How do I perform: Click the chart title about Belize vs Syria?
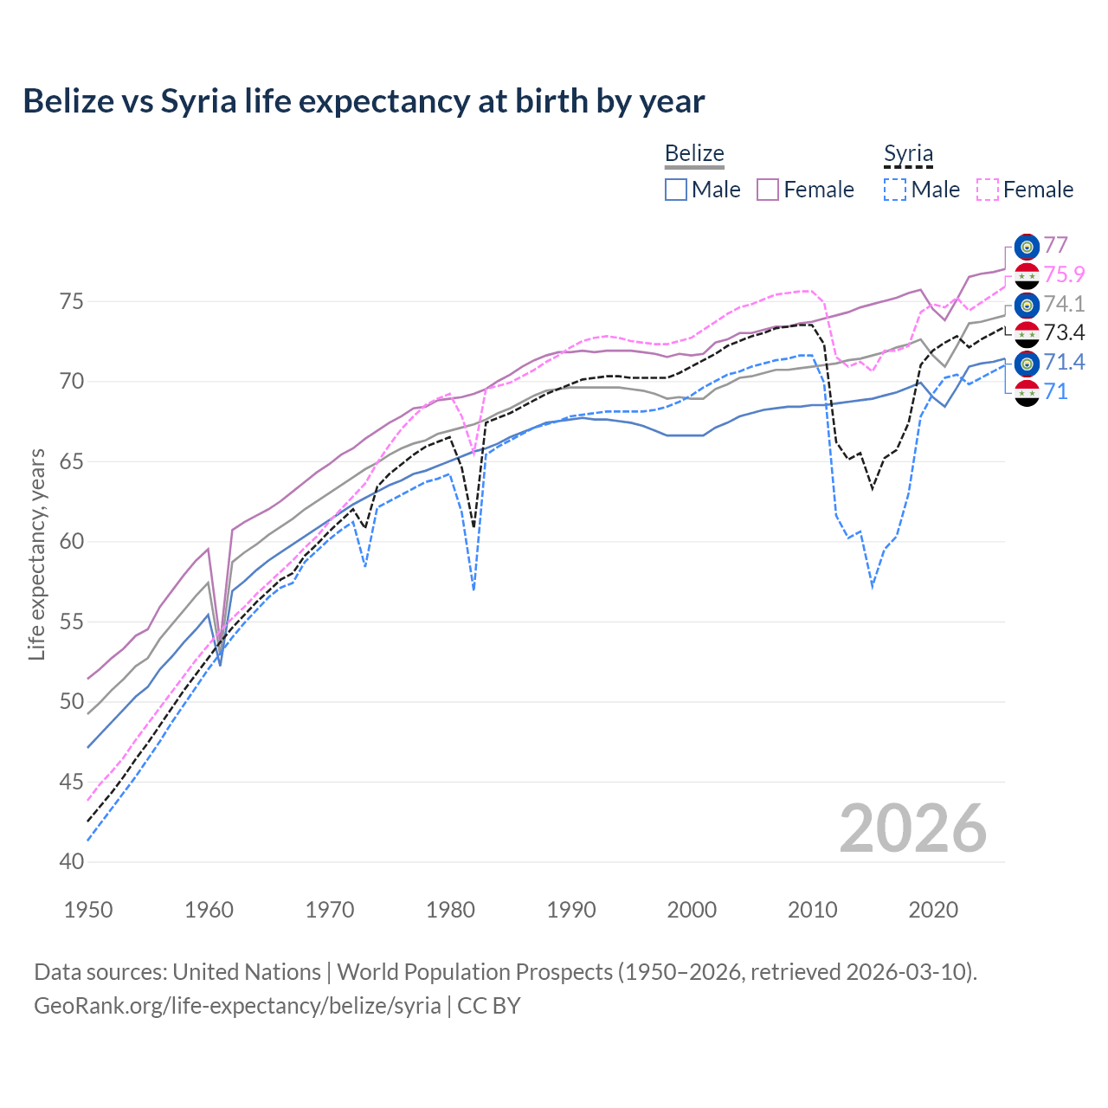[x=364, y=101]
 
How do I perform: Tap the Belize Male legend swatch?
[x=676, y=190]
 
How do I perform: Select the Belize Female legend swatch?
[x=768, y=190]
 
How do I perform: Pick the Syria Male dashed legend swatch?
[x=895, y=190]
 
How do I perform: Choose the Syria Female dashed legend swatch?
[x=987, y=190]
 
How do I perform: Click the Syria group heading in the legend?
[x=908, y=154]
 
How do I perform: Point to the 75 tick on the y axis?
[x=71, y=302]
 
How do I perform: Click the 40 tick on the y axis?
[x=71, y=862]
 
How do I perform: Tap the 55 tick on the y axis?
[x=71, y=622]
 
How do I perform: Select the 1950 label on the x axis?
[x=88, y=910]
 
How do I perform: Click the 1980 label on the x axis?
[x=450, y=910]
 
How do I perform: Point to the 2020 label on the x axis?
[x=932, y=910]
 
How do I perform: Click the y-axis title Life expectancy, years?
[x=36, y=554]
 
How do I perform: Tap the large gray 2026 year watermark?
[x=912, y=828]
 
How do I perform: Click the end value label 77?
[x=1055, y=246]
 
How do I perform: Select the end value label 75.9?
[x=1064, y=274]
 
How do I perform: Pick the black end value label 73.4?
[x=1064, y=333]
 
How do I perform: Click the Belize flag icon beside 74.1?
[x=1027, y=305]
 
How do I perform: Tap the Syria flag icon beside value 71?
[x=1027, y=392]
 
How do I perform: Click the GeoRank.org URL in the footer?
[x=237, y=1006]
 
